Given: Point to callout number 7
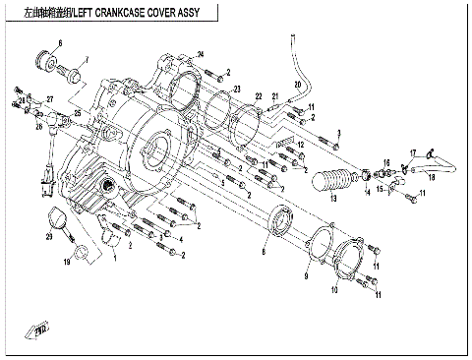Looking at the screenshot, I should (x=87, y=60).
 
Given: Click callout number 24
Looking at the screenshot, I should (x=200, y=52).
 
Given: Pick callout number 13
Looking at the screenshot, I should (x=332, y=198).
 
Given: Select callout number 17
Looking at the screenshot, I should (x=414, y=151).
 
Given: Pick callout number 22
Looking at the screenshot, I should (x=259, y=96).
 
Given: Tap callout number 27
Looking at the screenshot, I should (x=46, y=100).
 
